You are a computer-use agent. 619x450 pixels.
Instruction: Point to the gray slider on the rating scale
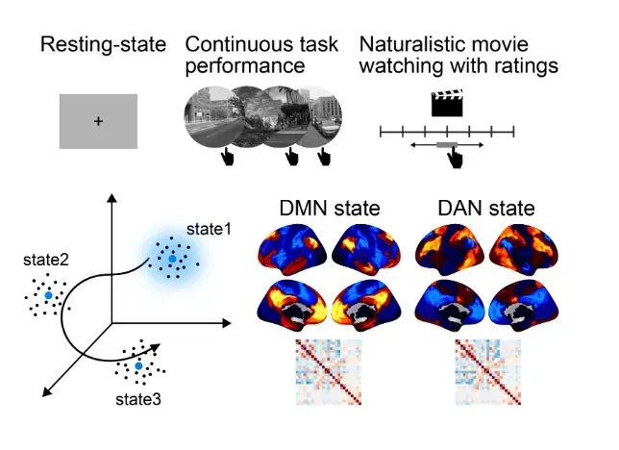(x=447, y=144)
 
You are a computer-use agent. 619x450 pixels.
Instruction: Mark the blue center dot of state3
(x=138, y=367)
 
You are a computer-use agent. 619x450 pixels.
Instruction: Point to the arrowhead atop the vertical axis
(x=112, y=198)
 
